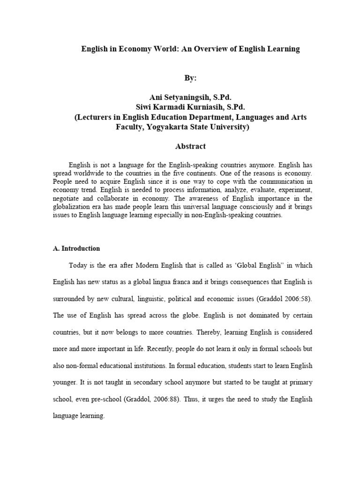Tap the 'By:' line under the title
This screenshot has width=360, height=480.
click(x=190, y=78)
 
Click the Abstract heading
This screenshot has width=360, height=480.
click(x=190, y=146)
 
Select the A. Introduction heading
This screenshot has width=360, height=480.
click(x=76, y=248)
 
